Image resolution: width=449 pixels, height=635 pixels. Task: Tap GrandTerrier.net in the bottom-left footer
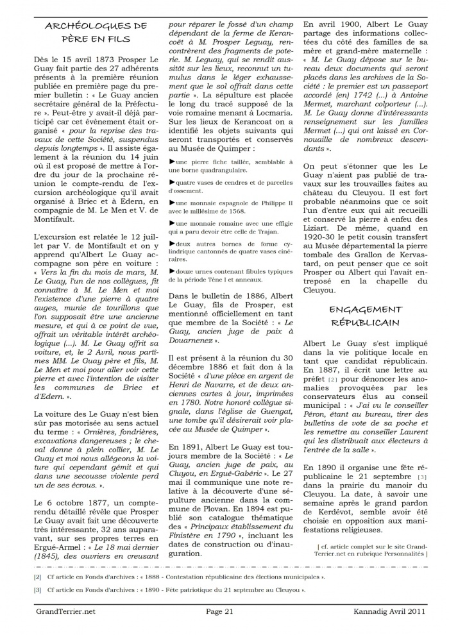(x=65, y=611)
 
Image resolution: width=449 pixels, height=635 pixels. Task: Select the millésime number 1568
(x=251, y=210)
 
